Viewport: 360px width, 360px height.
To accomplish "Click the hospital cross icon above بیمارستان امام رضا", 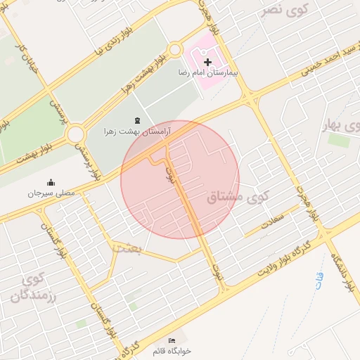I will point(207,63).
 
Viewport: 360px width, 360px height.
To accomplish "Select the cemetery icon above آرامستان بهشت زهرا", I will point(136,121).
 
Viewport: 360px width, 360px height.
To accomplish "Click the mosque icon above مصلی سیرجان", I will point(51,181).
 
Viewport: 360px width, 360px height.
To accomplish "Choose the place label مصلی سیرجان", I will point(51,192).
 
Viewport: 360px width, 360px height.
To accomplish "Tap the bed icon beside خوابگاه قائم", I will point(172,341).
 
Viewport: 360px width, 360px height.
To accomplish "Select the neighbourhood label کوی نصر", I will point(282,10).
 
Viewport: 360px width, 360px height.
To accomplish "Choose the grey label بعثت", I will point(127,248).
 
